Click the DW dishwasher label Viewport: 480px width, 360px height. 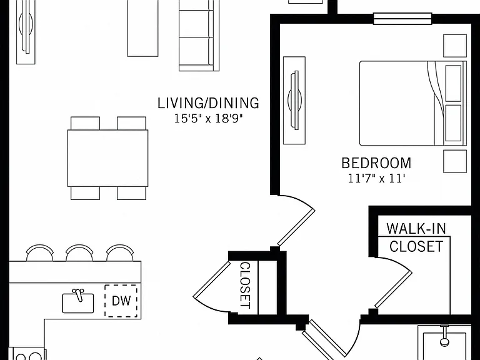(x=121, y=301)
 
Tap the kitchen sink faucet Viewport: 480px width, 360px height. (x=78, y=294)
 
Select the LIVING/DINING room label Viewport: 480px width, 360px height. (x=208, y=103)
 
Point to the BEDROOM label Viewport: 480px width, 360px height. (x=376, y=163)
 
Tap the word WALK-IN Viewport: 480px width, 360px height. (x=416, y=228)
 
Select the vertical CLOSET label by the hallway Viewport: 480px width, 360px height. (x=246, y=285)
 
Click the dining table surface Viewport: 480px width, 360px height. (x=107, y=158)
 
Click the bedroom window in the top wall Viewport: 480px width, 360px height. (x=402, y=19)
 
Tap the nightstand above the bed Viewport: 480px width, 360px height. (x=455, y=46)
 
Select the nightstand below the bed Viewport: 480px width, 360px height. (x=455, y=161)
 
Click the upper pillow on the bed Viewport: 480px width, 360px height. (x=453, y=83)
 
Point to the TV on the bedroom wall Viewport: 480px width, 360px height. (x=295, y=100)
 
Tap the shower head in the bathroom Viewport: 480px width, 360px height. (x=444, y=336)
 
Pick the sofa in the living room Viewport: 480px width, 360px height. (x=199, y=36)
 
